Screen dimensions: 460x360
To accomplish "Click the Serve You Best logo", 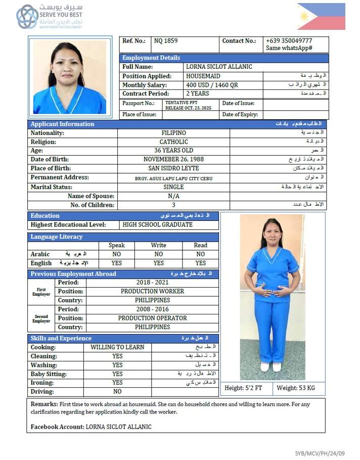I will pos(49,16).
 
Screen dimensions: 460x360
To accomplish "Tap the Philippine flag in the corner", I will pos(321,16).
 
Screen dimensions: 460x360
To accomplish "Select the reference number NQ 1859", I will pos(166,41).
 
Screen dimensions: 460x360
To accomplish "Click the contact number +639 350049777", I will pos(289,41).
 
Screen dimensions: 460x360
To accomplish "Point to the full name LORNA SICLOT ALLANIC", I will pos(219,67).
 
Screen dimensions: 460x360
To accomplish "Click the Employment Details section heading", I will pos(151,58).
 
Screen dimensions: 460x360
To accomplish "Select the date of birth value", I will pos(173,159).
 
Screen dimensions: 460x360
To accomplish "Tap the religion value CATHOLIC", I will pos(173,142).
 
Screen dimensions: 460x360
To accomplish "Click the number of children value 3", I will pos(173,205).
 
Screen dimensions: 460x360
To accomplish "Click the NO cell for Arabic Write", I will pos(159,254).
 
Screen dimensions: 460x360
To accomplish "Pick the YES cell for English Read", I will pos(201,263).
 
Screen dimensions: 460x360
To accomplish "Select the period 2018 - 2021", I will pos(153,282).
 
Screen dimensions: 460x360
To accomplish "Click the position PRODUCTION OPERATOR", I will pos(153,318).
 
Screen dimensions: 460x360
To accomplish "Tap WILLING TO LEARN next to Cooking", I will pos(117,347).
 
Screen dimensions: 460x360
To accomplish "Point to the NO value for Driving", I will pos(117,391).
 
